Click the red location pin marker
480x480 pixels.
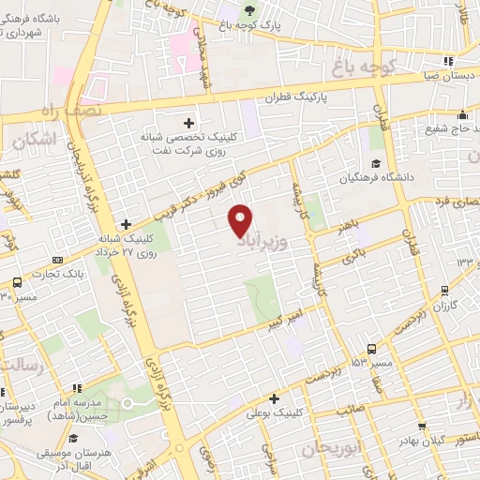(241, 221)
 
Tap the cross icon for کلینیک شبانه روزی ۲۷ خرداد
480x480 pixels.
(126, 224)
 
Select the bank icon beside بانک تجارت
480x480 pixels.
(58, 260)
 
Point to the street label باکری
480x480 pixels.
(351, 253)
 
